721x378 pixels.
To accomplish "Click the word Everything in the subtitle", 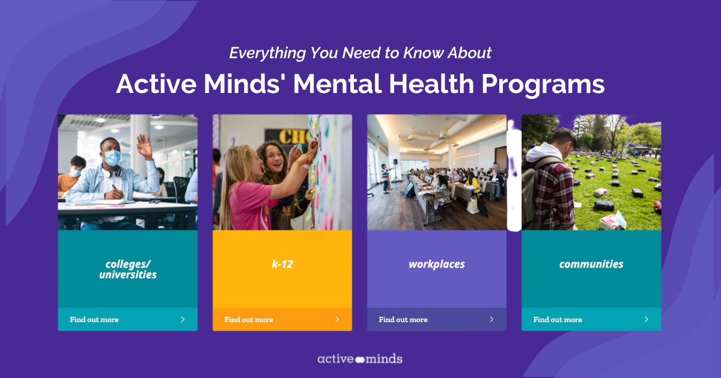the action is click(267, 53).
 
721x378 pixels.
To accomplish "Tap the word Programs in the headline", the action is click(543, 84).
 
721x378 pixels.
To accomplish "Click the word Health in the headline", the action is click(431, 83).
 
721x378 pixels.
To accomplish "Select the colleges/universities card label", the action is click(128, 269).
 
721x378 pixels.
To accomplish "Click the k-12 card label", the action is click(282, 264).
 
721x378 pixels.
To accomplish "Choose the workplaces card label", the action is click(437, 265).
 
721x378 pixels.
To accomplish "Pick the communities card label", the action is click(591, 264).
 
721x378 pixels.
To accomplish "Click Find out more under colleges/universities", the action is click(94, 320).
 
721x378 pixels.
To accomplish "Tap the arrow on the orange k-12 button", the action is click(337, 319).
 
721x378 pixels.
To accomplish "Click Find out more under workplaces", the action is click(403, 320).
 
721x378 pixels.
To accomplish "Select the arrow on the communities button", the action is click(646, 319).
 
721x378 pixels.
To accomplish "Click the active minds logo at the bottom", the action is click(360, 359).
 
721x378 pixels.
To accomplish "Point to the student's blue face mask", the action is click(112, 157).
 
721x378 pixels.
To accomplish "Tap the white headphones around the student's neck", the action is click(111, 173).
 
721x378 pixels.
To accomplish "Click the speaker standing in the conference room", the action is click(385, 178).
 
